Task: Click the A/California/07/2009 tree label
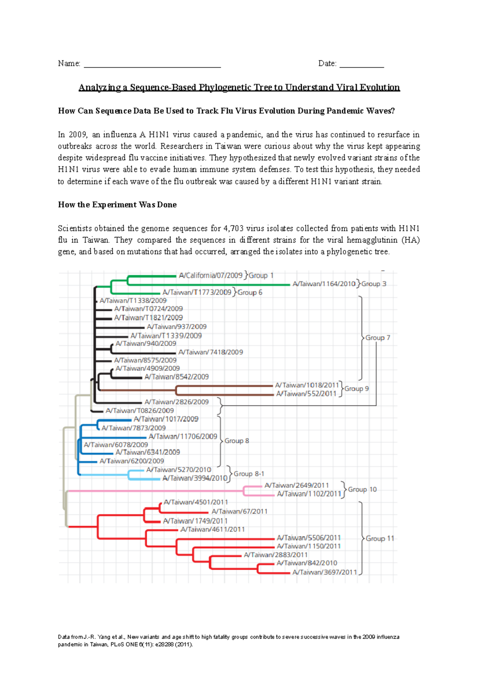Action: click(210, 275)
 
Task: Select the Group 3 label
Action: click(374, 284)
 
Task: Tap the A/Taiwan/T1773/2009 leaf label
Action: click(197, 292)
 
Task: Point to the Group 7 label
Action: click(378, 338)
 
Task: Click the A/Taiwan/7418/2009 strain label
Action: click(210, 352)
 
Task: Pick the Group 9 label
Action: click(356, 388)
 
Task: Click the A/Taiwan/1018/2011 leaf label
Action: click(307, 385)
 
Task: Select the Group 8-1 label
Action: click(249, 474)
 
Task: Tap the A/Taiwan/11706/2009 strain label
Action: click(183, 436)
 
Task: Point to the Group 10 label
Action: click(362, 489)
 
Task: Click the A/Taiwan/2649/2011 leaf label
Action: click(297, 485)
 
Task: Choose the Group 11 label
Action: click(380, 538)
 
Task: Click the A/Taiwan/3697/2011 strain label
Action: click(325, 572)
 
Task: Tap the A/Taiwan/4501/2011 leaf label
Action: click(196, 502)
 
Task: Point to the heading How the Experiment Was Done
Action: click(117, 205)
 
